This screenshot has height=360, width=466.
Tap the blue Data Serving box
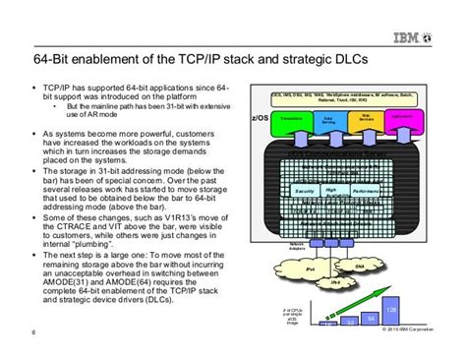coord(329,118)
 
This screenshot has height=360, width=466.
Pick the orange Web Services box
coord(367,118)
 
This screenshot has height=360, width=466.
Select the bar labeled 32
coord(350,322)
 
